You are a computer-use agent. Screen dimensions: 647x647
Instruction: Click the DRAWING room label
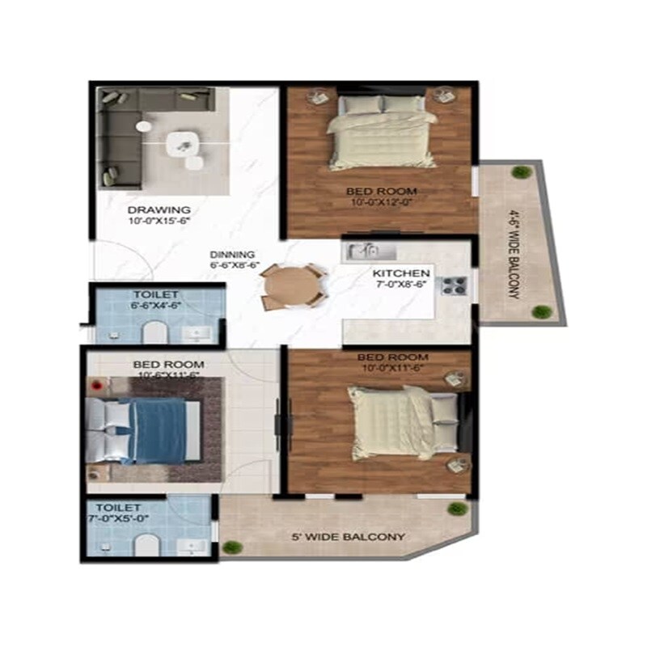tap(159, 208)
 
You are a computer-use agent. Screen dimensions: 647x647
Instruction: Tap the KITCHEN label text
tap(401, 273)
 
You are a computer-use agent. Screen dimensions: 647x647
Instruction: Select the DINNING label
tap(233, 254)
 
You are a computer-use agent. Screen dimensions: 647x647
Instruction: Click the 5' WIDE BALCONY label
tap(349, 536)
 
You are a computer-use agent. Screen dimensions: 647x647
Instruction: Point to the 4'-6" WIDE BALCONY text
tap(513, 254)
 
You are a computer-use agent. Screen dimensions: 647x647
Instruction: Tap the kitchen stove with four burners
tap(451, 285)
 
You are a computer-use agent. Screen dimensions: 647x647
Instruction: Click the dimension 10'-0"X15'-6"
tap(159, 219)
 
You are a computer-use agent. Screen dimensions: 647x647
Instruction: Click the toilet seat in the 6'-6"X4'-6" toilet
tap(154, 333)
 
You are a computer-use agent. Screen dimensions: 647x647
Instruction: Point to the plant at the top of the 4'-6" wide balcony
tap(522, 172)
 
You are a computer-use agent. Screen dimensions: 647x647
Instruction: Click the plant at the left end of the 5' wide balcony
tap(232, 547)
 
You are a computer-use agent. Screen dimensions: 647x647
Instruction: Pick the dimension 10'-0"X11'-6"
tap(393, 368)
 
